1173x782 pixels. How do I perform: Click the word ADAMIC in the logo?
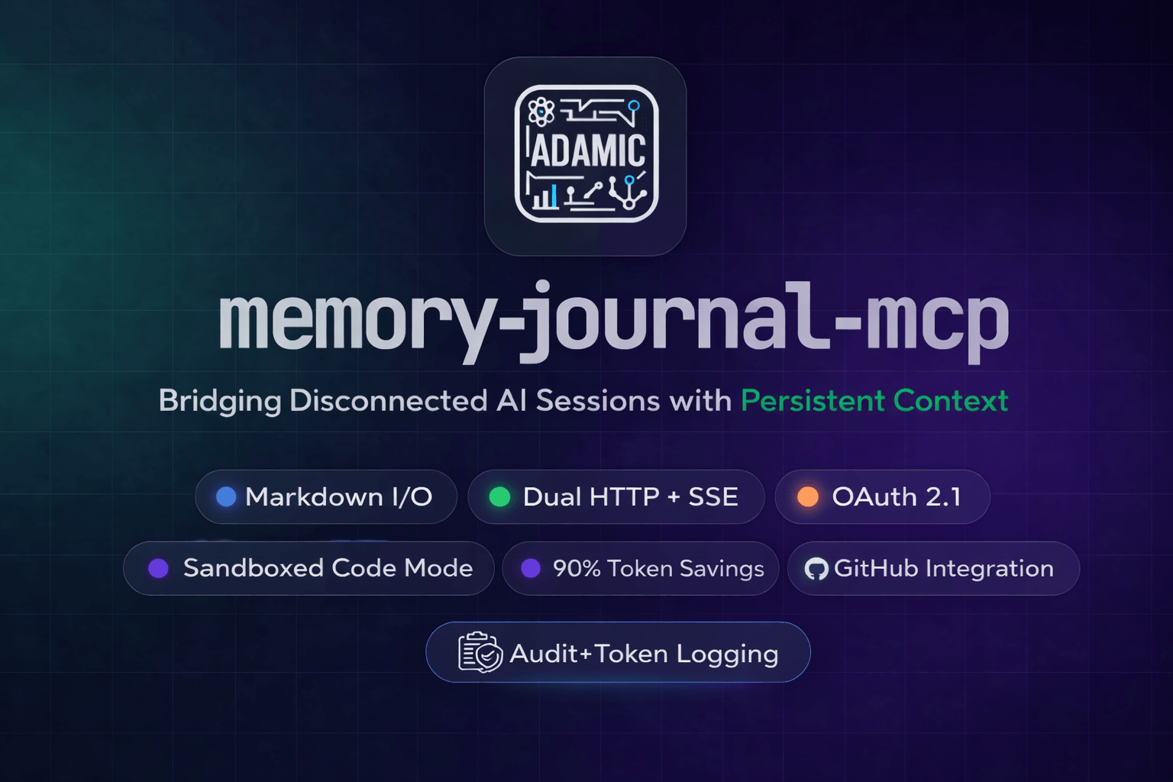(587, 150)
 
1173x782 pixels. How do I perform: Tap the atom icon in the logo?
(541, 111)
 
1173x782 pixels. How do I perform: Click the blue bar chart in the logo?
(545, 197)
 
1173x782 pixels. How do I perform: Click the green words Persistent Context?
(874, 401)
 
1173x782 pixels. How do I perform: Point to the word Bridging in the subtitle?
(220, 401)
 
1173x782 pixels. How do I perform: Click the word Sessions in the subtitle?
(597, 401)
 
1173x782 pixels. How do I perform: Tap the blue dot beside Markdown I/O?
(227, 497)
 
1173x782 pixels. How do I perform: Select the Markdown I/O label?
(339, 497)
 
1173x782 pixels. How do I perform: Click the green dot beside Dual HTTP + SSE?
(499, 497)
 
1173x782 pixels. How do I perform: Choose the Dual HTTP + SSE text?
(631, 497)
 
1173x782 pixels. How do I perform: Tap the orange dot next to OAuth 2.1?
(808, 497)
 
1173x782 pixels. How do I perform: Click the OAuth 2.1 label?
(897, 497)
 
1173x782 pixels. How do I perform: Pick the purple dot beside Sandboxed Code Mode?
(159, 568)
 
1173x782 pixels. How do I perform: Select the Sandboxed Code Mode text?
(328, 568)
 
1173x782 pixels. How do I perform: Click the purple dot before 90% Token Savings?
(531, 568)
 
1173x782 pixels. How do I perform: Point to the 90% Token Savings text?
(658, 569)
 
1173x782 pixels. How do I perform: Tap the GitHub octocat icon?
(816, 569)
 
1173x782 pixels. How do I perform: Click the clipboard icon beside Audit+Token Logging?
(480, 652)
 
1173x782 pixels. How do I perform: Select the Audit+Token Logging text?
(644, 654)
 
